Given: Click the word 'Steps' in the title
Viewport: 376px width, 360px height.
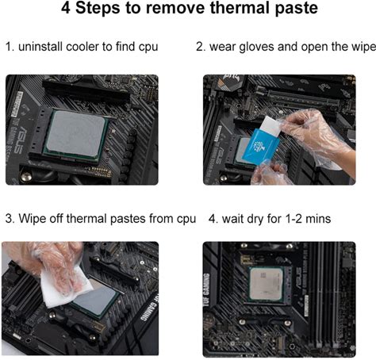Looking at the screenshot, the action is point(98,8).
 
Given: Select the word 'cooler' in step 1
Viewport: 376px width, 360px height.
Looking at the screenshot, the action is point(82,47).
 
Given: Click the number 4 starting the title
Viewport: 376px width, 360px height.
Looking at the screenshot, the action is point(66,8).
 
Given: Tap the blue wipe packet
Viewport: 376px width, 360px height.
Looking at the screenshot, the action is point(261,147).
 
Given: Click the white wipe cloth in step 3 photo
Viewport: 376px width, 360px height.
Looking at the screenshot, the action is point(63,288).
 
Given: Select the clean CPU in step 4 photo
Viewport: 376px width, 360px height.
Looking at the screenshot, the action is point(266,284).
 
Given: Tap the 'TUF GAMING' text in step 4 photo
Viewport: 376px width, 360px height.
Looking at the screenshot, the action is point(207,290).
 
